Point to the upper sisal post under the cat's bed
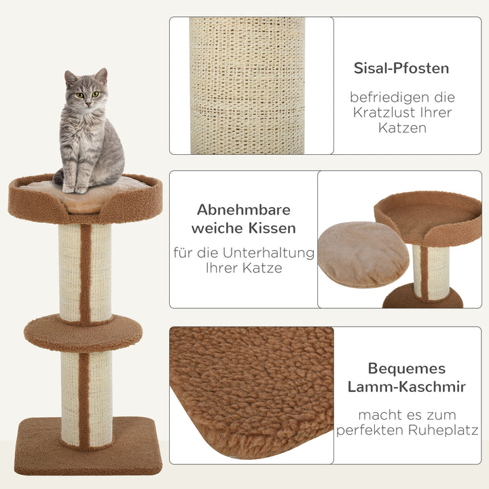pyautogui.click(x=85, y=272)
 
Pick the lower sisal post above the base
pyautogui.click(x=85, y=397)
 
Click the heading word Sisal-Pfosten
pyautogui.click(x=401, y=68)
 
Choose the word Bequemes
pyautogui.click(x=407, y=368)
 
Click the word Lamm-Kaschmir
pyautogui.click(x=407, y=386)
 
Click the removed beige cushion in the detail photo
pyautogui.click(x=363, y=254)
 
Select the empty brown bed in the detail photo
pyautogui.click(x=428, y=217)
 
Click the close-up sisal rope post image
pyautogui.click(x=247, y=86)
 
